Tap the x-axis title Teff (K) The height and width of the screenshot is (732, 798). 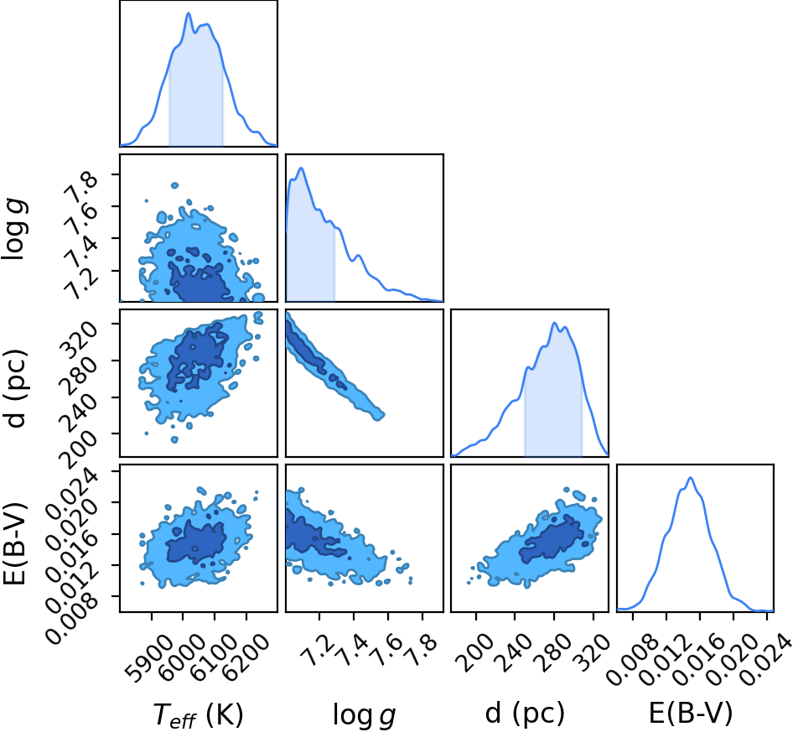[x=199, y=715]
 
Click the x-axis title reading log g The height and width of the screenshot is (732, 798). [x=364, y=715]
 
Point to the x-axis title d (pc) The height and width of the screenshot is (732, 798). [x=526, y=714]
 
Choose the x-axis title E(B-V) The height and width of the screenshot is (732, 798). [x=691, y=713]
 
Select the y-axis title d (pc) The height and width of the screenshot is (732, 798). [x=15, y=388]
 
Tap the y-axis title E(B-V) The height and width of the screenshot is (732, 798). [x=14, y=543]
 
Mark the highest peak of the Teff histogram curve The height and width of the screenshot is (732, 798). [x=189, y=13]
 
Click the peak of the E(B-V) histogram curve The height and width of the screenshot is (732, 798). [x=691, y=477]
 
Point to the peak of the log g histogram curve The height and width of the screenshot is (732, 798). [x=301, y=168]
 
